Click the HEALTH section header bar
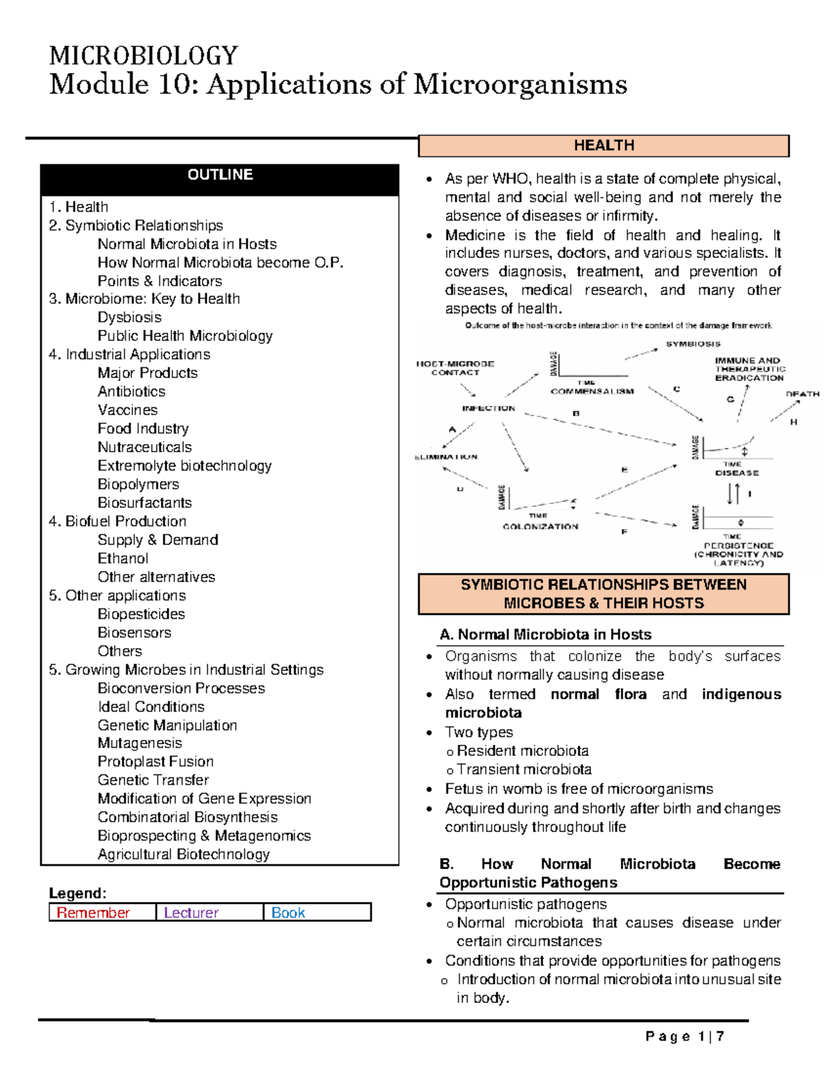click(603, 146)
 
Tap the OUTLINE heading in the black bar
click(220, 175)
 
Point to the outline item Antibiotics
click(131, 391)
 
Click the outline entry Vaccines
click(127, 410)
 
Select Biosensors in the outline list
click(134, 632)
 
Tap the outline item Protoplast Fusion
click(156, 761)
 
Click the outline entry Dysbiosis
click(129, 317)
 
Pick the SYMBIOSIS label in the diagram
click(693, 344)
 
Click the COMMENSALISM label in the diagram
click(592, 391)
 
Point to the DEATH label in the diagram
click(802, 394)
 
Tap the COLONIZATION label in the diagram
click(540, 526)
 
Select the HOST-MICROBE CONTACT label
click(455, 368)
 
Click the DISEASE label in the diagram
click(737, 473)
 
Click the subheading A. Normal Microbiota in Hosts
click(545, 635)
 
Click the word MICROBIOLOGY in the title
click(144, 56)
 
